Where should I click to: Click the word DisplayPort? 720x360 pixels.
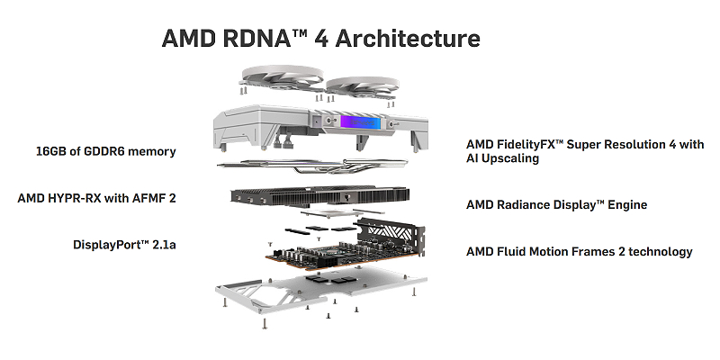108,244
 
